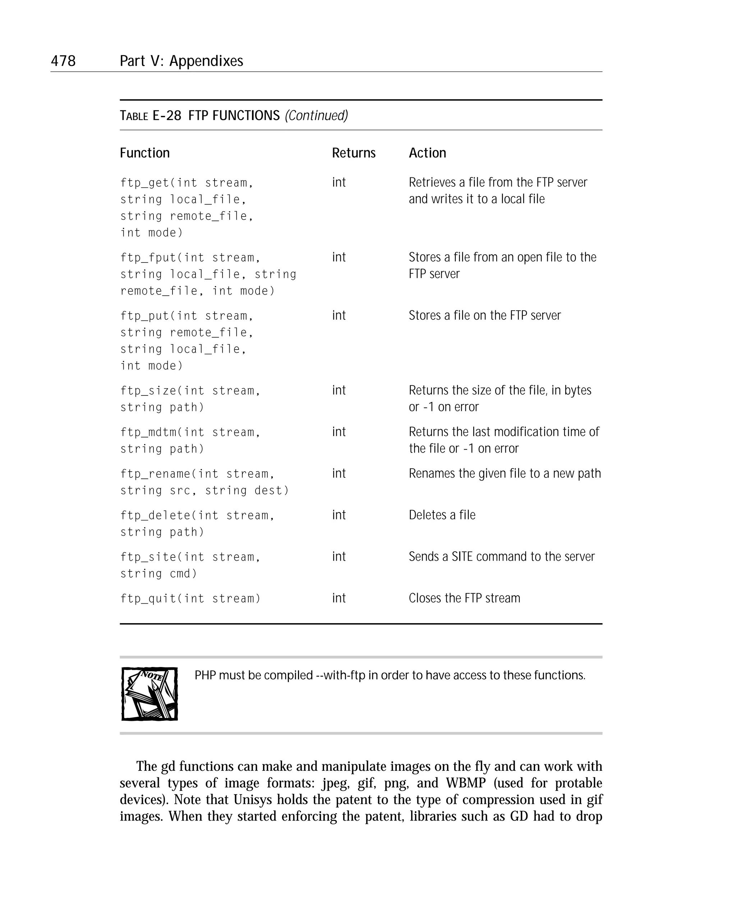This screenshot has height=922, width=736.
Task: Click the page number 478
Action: pyautogui.click(x=63, y=61)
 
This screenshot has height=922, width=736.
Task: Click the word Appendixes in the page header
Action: pyautogui.click(x=206, y=61)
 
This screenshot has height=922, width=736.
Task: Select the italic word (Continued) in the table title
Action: pyautogui.click(x=316, y=115)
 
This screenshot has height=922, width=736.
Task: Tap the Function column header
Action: pyautogui.click(x=144, y=153)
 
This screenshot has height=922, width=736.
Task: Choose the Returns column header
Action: pyautogui.click(x=354, y=153)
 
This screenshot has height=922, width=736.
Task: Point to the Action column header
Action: pyautogui.click(x=427, y=153)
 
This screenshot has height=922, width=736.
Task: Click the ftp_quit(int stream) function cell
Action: pyautogui.click(x=190, y=598)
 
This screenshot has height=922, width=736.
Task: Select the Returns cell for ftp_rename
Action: pyautogui.click(x=339, y=473)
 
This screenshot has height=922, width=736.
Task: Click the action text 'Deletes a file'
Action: pyautogui.click(x=442, y=515)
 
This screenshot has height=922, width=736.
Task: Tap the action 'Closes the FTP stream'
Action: pyautogui.click(x=464, y=598)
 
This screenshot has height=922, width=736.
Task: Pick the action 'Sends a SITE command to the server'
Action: pyautogui.click(x=501, y=556)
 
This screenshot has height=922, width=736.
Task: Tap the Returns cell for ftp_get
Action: pyautogui.click(x=339, y=182)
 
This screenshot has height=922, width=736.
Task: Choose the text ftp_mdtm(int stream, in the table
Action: pyautogui.click(x=190, y=432)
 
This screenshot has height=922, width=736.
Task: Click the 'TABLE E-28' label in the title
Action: pyautogui.click(x=150, y=115)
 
